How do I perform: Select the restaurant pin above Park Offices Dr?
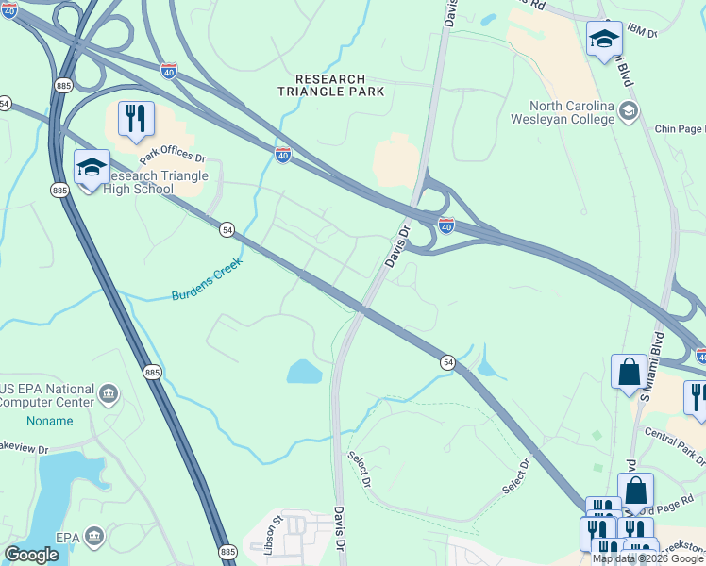(136, 119)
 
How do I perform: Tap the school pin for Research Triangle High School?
(92, 168)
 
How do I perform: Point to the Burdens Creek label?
(207, 280)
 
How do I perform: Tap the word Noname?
(49, 421)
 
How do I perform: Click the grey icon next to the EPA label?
(93, 537)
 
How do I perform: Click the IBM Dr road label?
(664, 34)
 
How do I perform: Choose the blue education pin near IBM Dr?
(604, 40)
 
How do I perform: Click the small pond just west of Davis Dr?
(305, 371)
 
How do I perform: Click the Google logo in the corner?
(31, 555)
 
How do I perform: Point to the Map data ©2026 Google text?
(647, 558)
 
